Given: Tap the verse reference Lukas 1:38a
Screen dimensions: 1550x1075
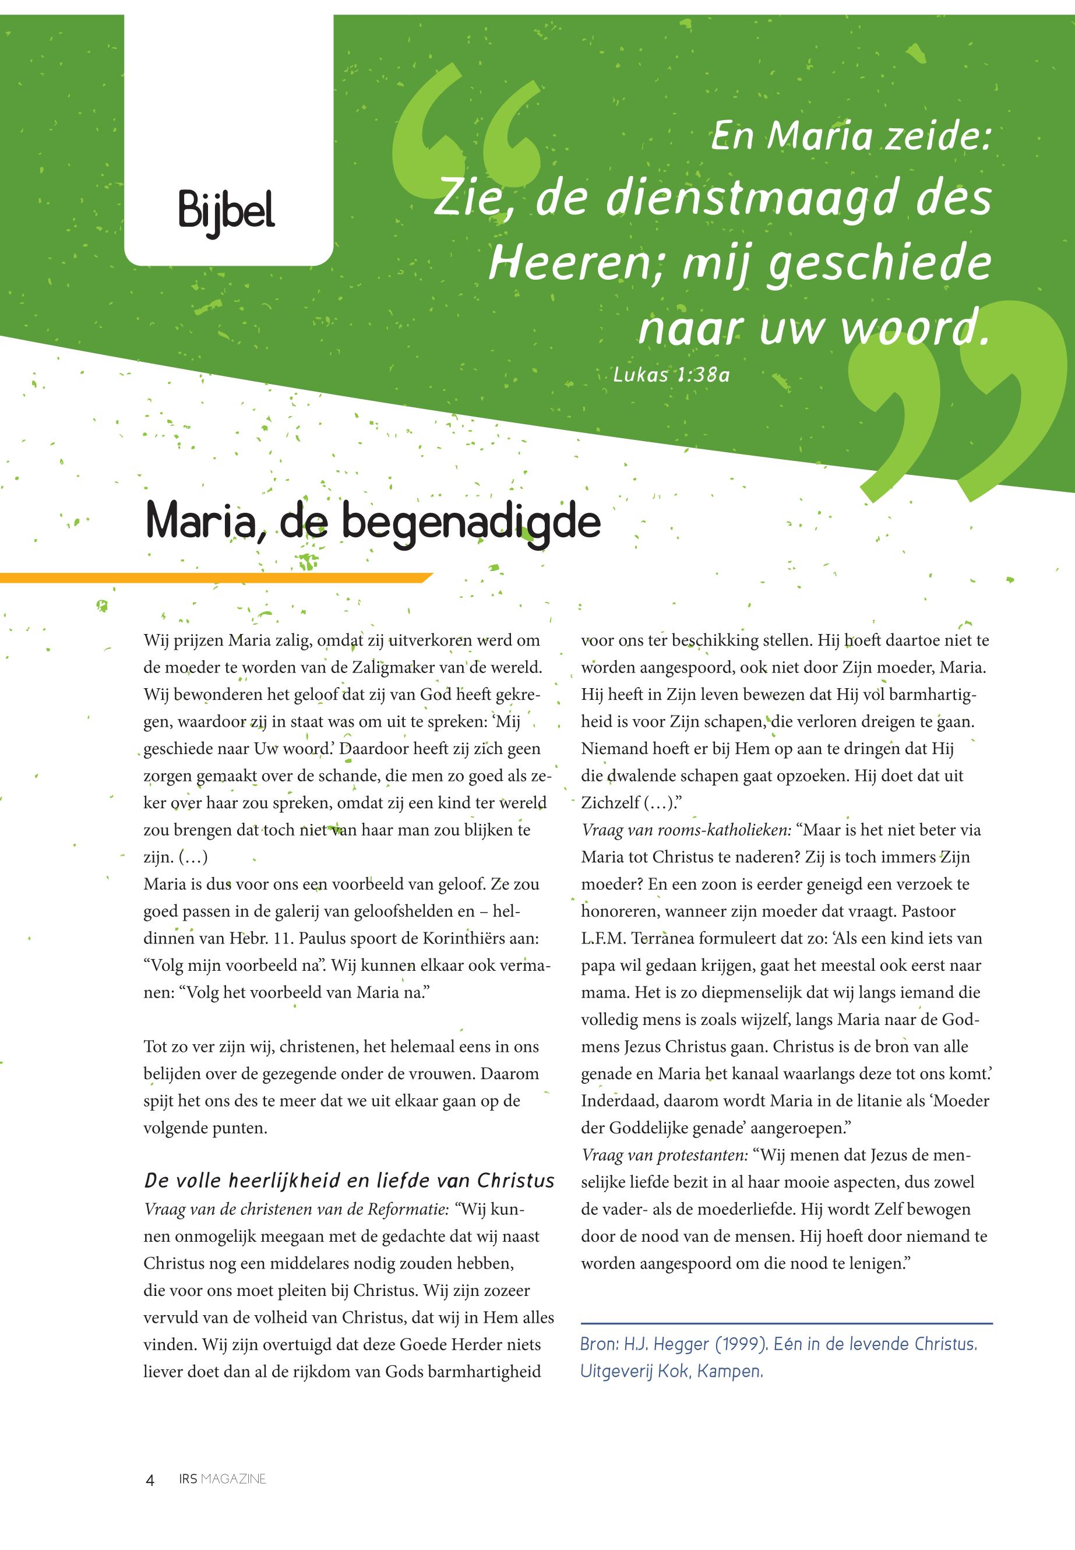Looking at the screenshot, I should pos(671,374).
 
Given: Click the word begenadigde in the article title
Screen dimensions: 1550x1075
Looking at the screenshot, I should pos(471,523).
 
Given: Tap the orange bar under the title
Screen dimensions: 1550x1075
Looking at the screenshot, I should pos(216,577).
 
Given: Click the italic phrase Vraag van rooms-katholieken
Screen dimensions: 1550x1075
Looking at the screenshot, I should pos(686,830).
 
